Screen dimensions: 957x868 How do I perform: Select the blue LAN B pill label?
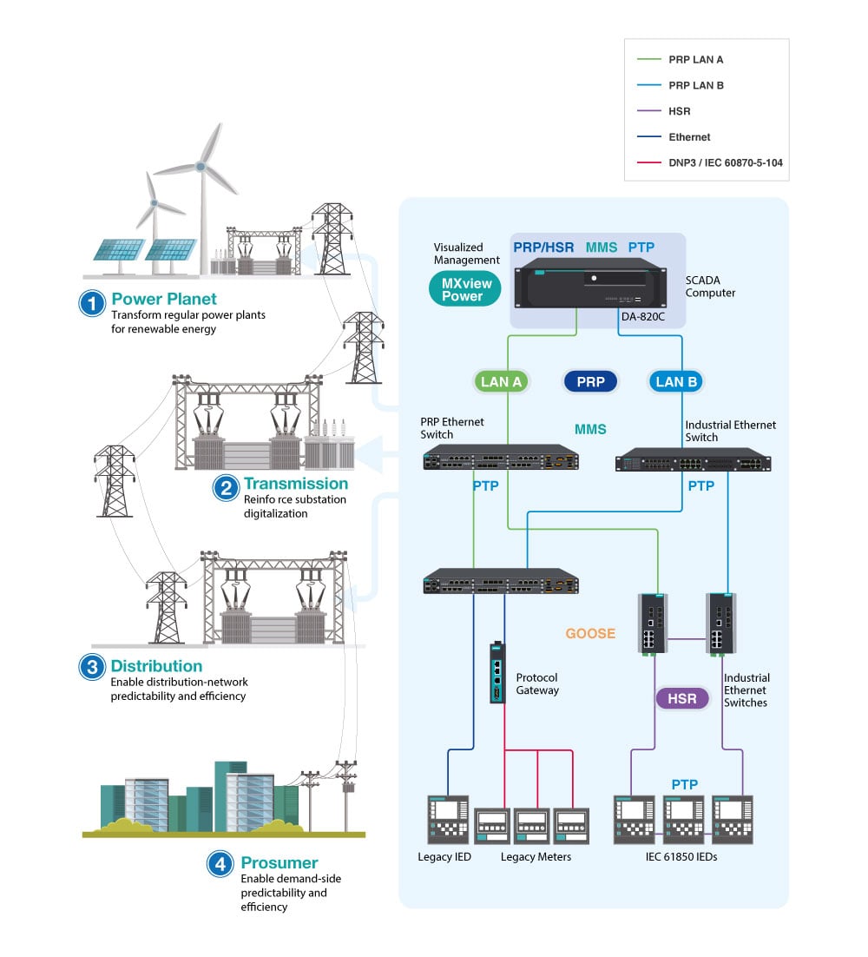coord(676,381)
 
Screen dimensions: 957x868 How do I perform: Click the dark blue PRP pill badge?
coord(590,381)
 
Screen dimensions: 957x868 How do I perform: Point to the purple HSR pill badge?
coord(682,698)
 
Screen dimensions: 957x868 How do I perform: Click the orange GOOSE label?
coord(590,634)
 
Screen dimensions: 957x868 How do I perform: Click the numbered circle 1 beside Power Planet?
coord(91,303)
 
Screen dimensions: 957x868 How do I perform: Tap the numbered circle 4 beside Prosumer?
coord(220,864)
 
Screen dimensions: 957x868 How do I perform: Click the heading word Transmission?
coord(295,484)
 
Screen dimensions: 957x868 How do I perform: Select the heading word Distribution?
coord(156,666)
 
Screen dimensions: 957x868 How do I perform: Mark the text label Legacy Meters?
coord(536,857)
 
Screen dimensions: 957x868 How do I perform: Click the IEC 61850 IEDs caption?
coord(682,857)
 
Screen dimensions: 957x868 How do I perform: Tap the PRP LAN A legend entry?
coord(696,60)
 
